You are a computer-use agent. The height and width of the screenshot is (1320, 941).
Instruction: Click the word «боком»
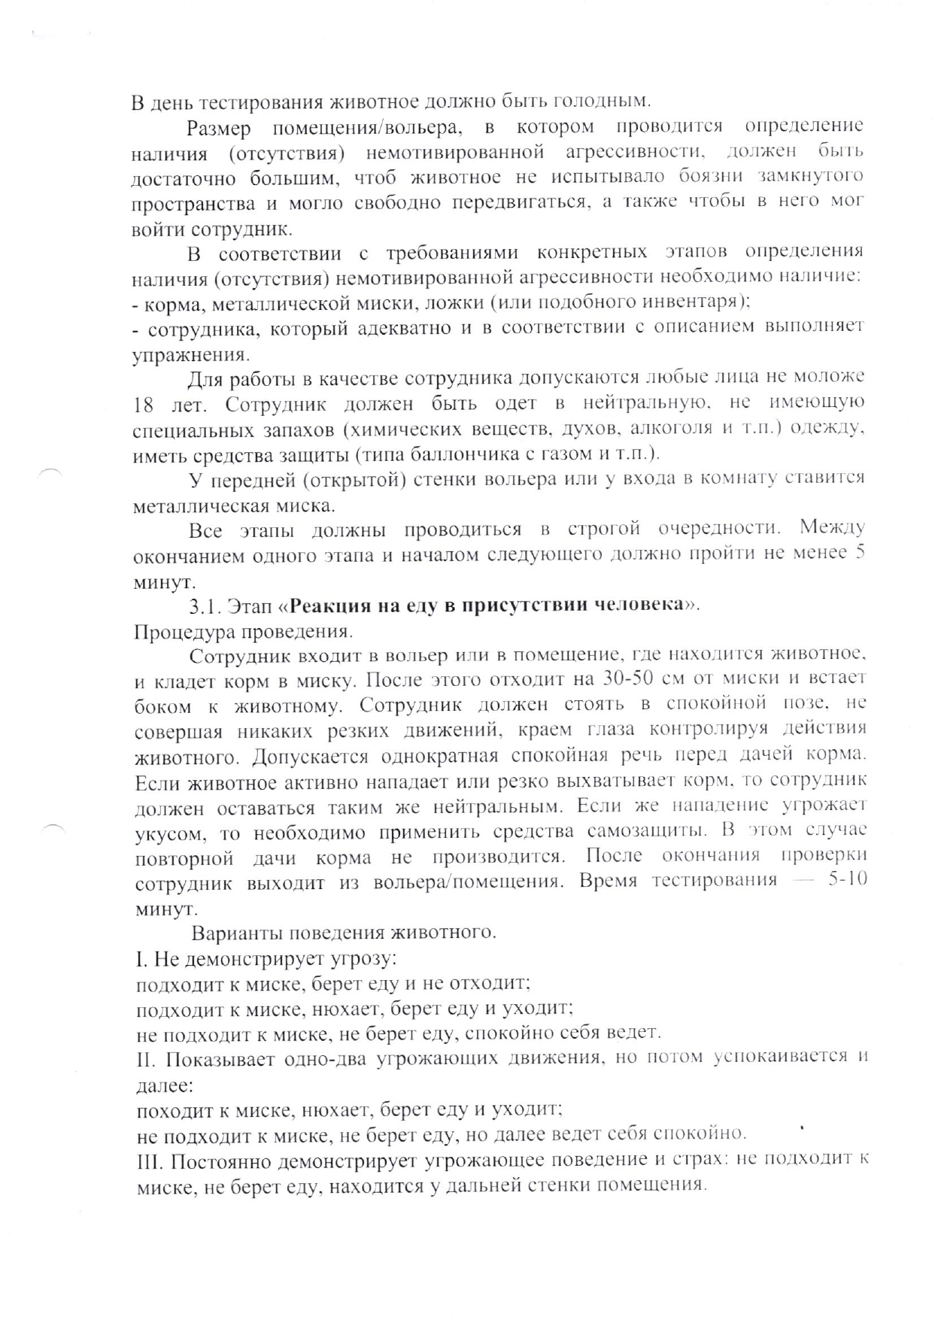(161, 707)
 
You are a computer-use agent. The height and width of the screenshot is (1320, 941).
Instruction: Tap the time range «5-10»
(847, 880)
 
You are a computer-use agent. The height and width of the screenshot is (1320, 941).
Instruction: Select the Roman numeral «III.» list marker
(147, 1161)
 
